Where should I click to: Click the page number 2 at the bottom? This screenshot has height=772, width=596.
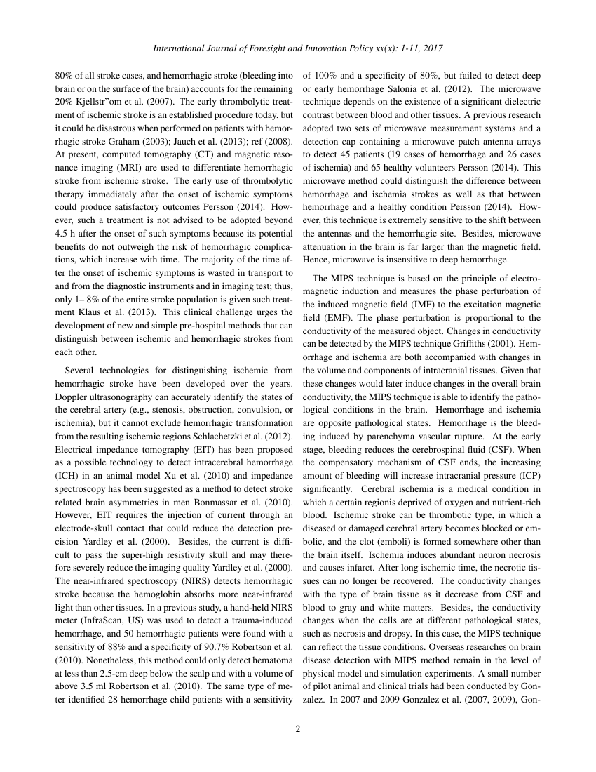(x=298, y=728)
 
